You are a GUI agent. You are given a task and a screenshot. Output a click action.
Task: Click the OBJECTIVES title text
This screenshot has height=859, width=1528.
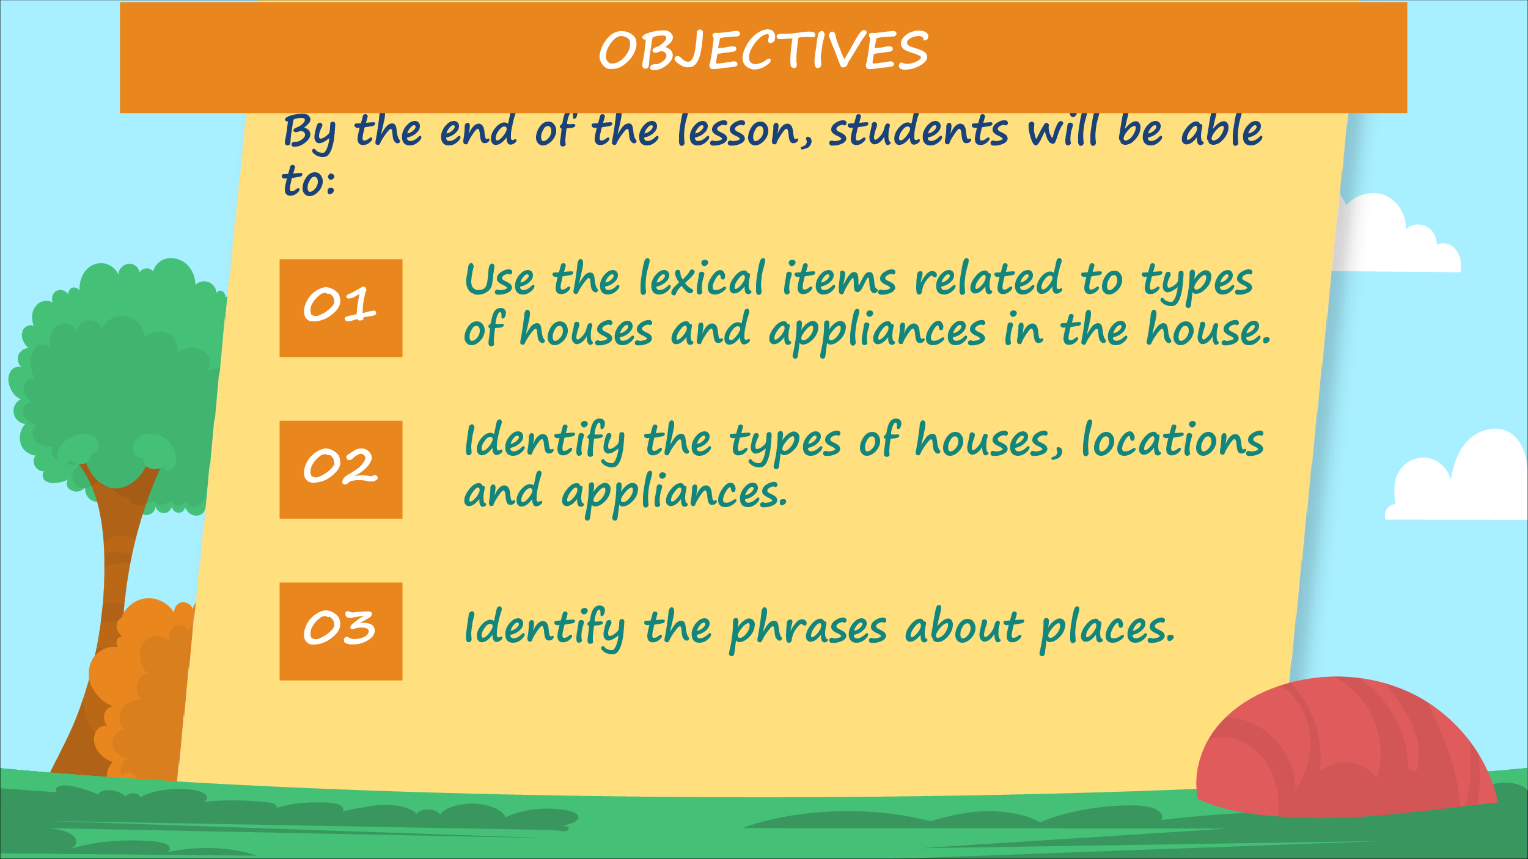tap(763, 50)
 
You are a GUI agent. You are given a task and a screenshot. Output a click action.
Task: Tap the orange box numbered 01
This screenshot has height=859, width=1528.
tap(341, 308)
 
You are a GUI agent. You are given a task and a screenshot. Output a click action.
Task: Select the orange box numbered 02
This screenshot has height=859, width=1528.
tap(341, 470)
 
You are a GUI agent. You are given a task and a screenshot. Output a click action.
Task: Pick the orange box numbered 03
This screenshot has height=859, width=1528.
tap(341, 631)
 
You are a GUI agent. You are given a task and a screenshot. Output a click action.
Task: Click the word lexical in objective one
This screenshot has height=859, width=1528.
tap(702, 279)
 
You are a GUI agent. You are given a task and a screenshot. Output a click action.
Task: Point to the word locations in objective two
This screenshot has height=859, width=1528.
tap(1172, 440)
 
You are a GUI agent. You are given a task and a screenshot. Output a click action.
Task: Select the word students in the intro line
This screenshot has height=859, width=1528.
tap(919, 131)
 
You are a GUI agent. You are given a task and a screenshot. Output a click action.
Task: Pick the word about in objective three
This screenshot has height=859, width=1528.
tap(964, 627)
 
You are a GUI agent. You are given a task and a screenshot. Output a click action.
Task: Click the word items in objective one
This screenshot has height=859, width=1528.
tap(839, 279)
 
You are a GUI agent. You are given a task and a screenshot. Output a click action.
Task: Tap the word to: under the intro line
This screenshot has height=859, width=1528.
tap(308, 181)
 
